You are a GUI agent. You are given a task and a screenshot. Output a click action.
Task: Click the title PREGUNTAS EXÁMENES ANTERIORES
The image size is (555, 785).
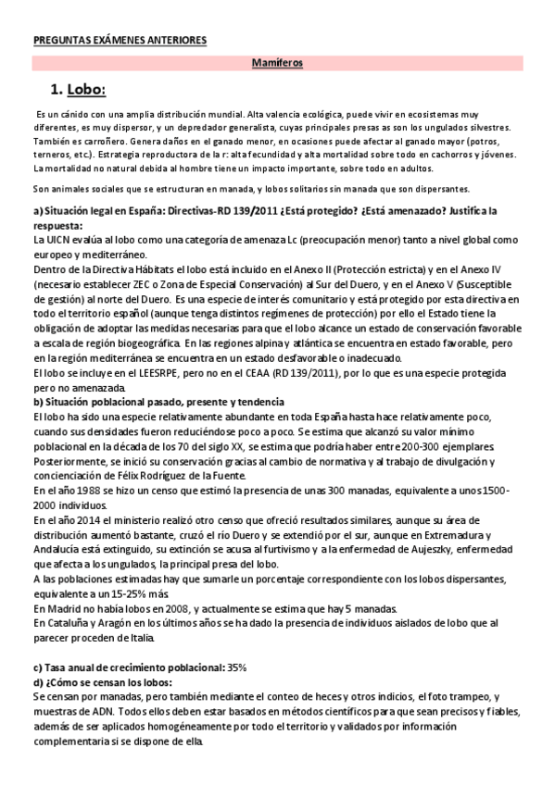tap(120, 41)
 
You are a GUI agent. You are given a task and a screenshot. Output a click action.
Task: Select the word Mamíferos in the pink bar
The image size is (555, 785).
tap(278, 64)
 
